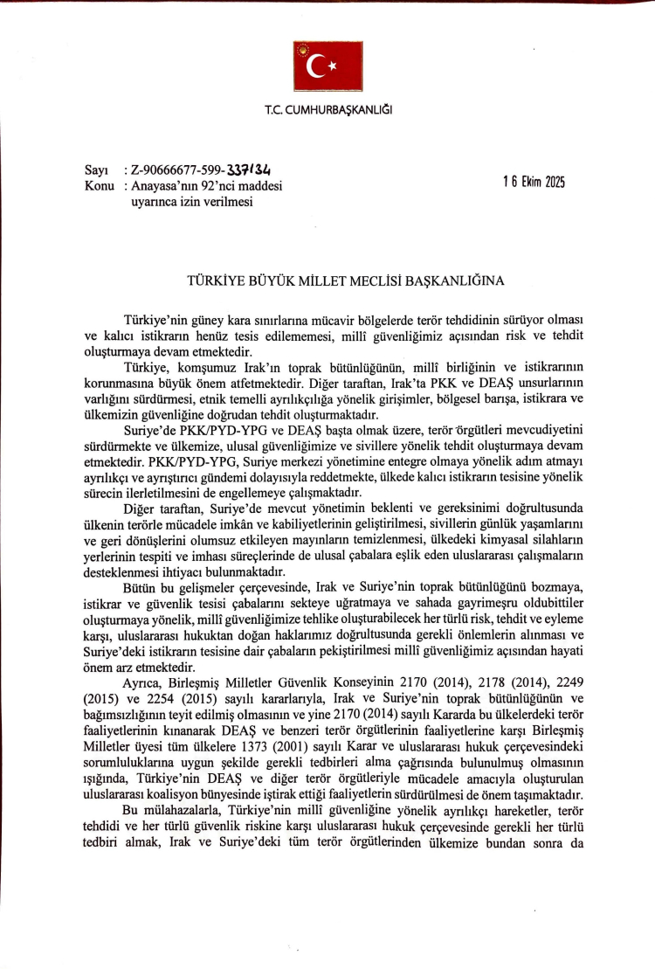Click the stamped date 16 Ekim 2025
[x=534, y=183]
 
